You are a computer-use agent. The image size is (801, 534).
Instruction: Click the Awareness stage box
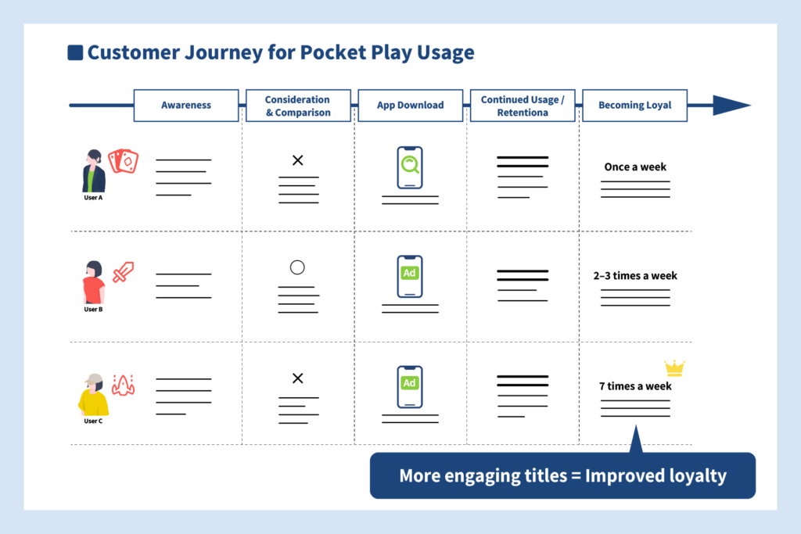click(186, 106)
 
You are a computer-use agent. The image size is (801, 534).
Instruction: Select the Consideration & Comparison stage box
click(298, 106)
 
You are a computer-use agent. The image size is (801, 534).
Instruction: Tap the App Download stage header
click(410, 106)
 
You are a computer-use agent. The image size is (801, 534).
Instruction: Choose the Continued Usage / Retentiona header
click(523, 106)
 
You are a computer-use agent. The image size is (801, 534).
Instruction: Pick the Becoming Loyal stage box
click(635, 106)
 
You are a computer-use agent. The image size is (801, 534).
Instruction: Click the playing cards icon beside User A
click(123, 161)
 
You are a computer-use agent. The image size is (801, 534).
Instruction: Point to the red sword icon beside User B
click(123, 272)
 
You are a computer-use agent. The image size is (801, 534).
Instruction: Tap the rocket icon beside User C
click(123, 385)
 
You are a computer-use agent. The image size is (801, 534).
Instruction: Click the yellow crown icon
click(674, 368)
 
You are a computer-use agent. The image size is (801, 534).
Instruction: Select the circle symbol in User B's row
click(297, 267)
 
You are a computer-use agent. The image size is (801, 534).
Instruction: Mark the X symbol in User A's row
click(298, 160)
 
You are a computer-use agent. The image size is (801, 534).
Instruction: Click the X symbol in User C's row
click(298, 378)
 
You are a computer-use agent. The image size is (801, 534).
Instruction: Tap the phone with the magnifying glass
click(410, 167)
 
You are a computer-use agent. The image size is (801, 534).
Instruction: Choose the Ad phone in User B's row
click(410, 276)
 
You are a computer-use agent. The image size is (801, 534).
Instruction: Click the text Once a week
click(635, 167)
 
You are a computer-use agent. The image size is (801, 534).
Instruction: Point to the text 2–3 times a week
click(635, 276)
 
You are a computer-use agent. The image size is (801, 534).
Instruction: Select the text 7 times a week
click(635, 386)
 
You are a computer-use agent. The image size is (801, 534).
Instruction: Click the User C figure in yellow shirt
click(93, 395)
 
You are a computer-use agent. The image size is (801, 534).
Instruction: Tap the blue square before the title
click(75, 52)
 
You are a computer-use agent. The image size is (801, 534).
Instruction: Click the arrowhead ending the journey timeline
click(731, 106)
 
